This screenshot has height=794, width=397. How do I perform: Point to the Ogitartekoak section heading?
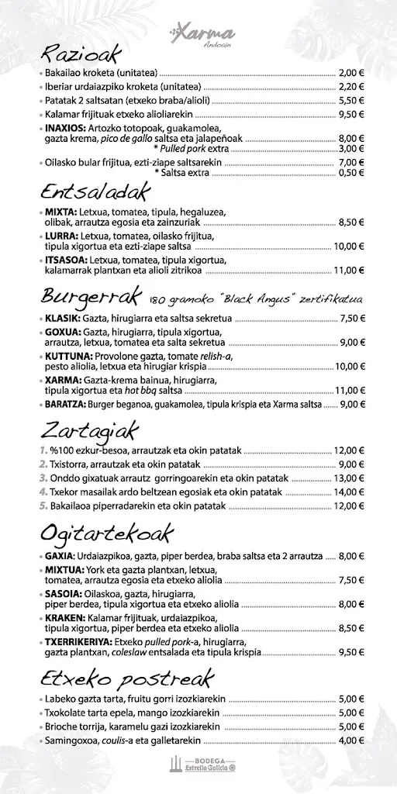point(106,534)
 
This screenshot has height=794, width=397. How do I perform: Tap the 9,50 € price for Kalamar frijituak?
point(350,115)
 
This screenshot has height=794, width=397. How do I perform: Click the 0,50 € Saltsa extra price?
point(350,173)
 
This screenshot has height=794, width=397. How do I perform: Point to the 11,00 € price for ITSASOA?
point(349,271)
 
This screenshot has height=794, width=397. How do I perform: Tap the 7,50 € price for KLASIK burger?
point(351,318)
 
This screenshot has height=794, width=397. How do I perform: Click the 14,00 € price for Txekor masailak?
point(349,492)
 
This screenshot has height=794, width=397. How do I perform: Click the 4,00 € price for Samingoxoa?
point(350,740)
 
